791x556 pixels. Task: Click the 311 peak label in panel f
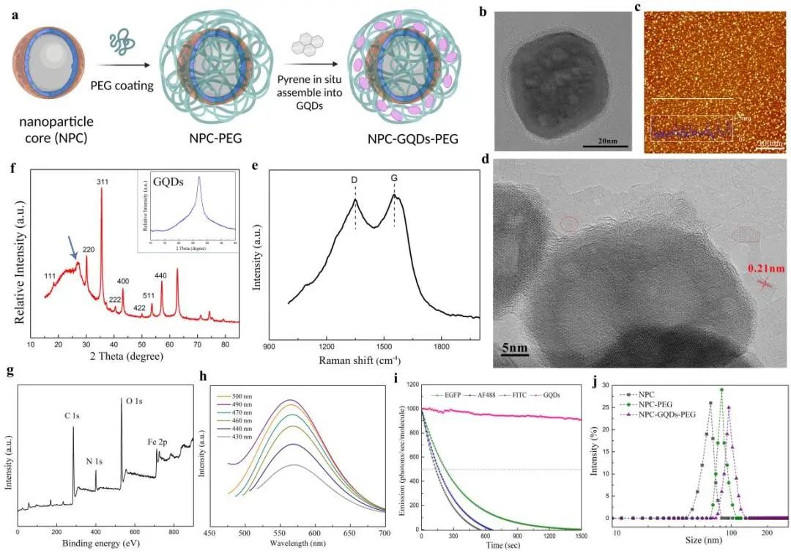[x=102, y=181]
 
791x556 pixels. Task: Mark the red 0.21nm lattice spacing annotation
[x=765, y=269]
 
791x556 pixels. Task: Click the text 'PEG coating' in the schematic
[x=122, y=86]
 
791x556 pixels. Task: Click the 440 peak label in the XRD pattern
[x=160, y=275]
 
